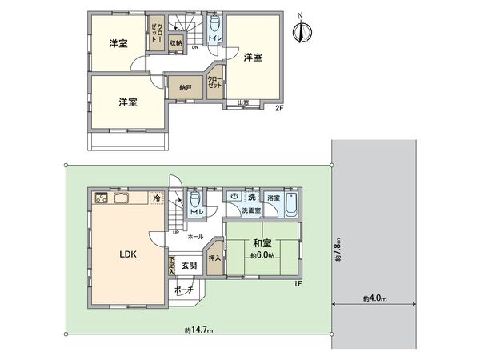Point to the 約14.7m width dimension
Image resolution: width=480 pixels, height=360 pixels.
tap(198, 330)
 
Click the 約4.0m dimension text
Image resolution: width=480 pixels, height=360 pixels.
tap(374, 299)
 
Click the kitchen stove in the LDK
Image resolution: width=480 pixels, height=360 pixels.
tap(102, 198)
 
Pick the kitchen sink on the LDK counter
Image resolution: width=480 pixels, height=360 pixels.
tap(122, 198)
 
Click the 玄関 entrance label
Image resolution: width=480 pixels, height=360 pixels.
tap(188, 265)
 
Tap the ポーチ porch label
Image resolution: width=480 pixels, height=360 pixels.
tap(185, 290)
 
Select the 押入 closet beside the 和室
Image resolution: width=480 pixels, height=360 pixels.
tap(214, 258)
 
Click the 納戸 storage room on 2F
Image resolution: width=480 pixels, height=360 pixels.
tap(185, 86)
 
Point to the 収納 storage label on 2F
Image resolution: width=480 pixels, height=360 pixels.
tap(175, 42)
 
